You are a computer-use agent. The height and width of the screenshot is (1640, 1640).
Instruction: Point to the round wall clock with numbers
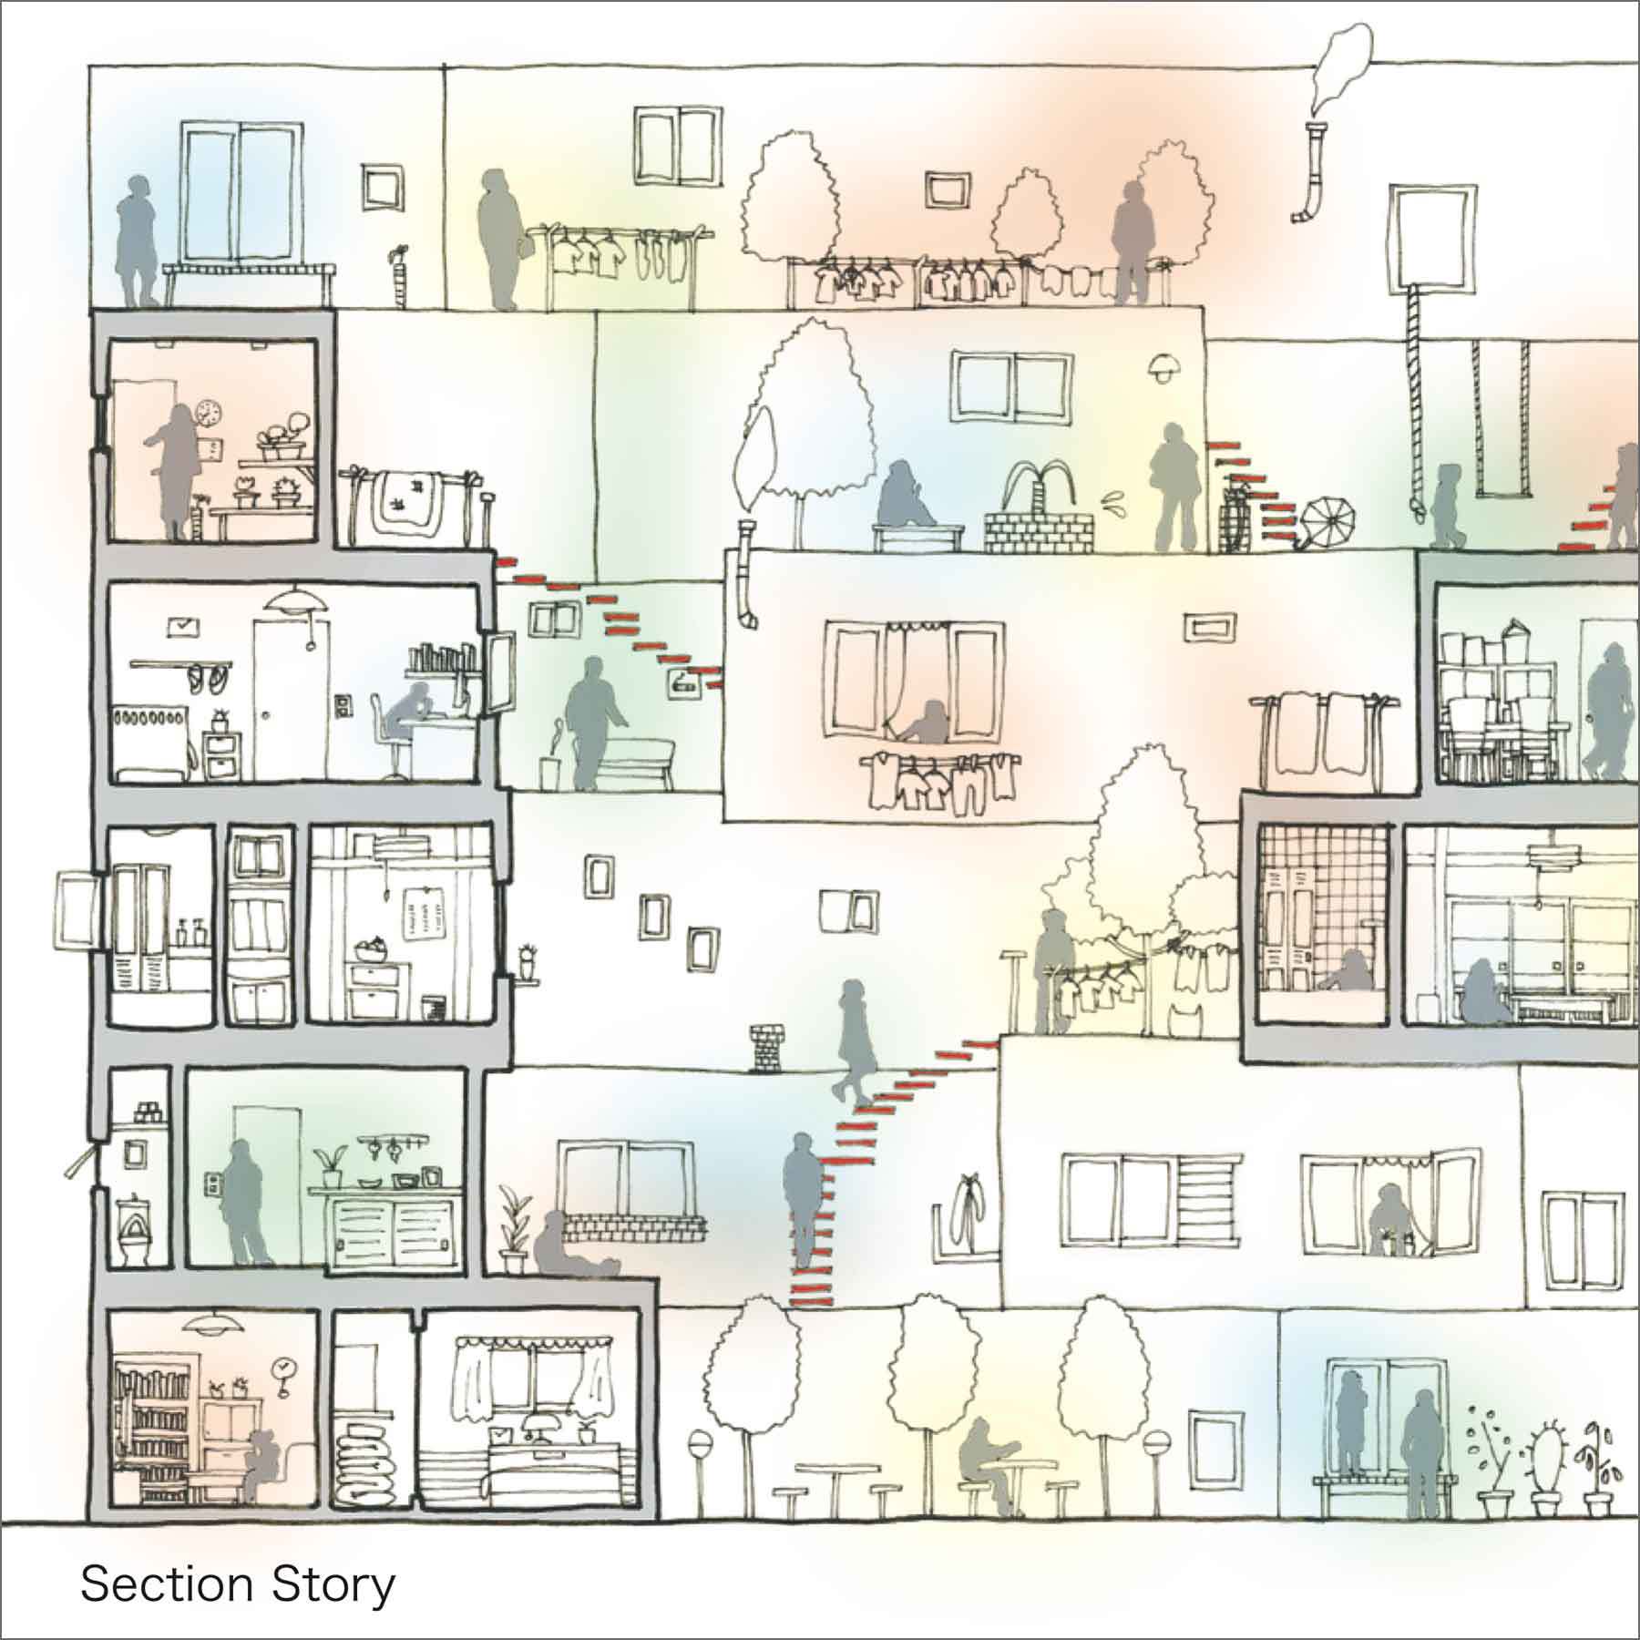208,415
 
